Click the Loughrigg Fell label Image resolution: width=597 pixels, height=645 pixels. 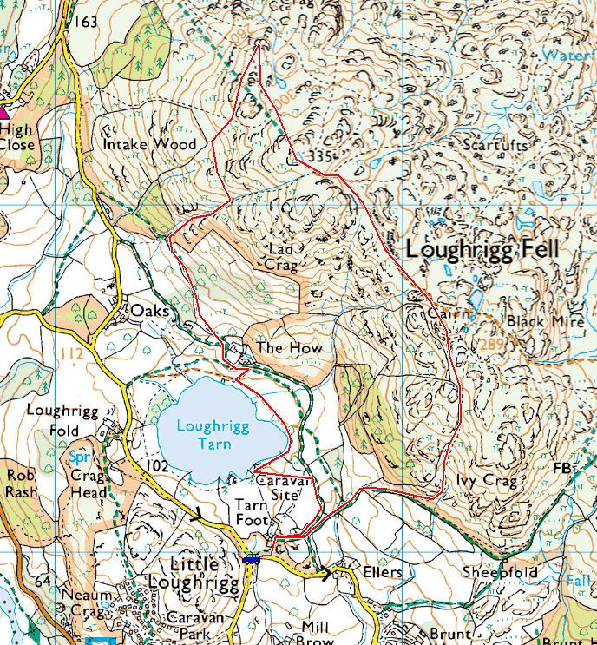(x=483, y=250)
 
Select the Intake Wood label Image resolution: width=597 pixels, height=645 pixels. (x=150, y=143)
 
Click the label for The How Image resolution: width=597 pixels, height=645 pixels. (x=289, y=347)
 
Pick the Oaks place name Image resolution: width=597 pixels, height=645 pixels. (x=148, y=310)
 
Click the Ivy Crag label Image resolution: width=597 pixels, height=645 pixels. (x=486, y=480)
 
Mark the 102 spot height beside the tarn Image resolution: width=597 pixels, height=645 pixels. (x=157, y=465)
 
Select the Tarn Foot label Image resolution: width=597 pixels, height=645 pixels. (x=254, y=511)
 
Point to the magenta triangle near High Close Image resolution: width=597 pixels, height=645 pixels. (x=5, y=111)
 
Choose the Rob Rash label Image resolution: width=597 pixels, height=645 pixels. (x=21, y=483)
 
